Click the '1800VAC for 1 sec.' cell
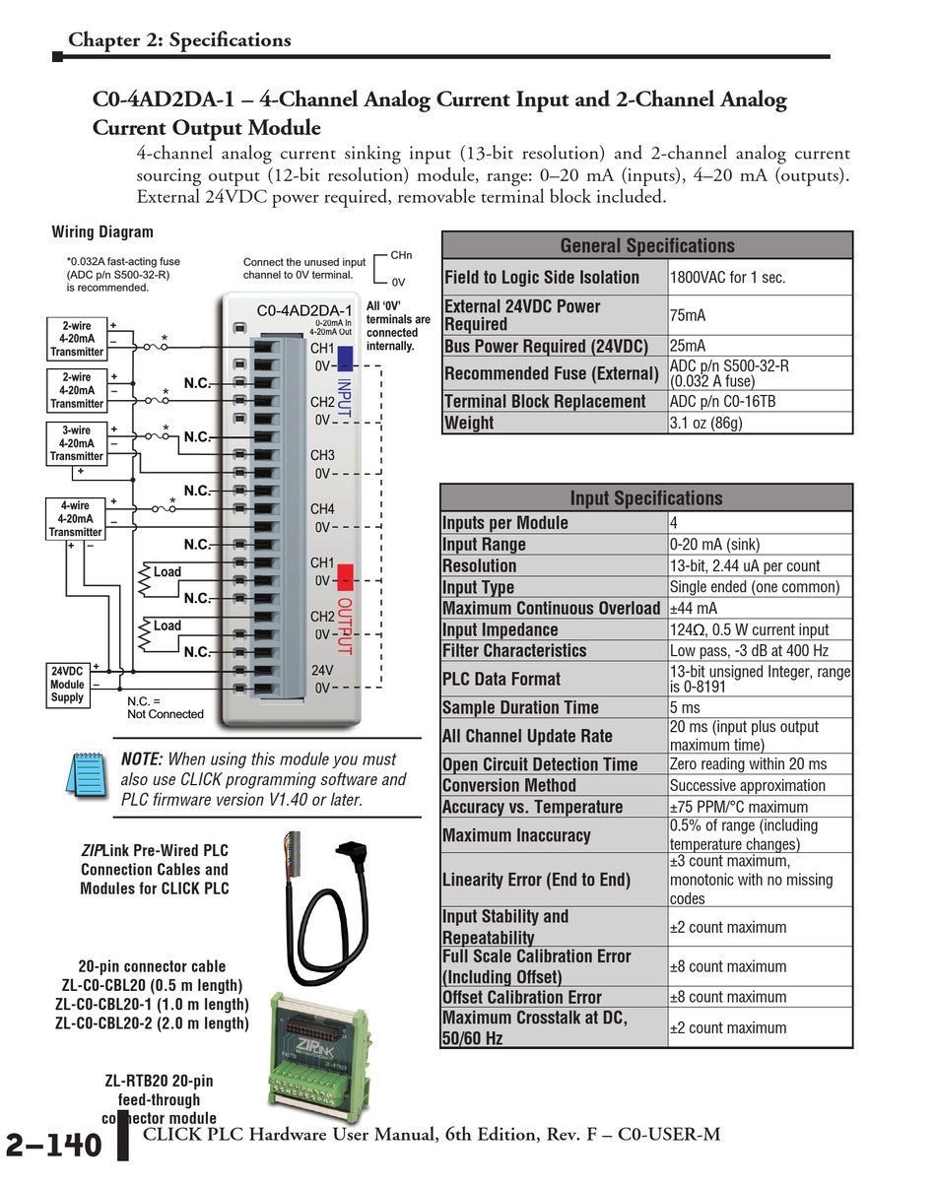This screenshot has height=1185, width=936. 728,278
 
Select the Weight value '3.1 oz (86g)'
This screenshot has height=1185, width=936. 705,423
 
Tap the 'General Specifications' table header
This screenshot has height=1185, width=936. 647,245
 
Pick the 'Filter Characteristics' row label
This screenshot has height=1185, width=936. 514,651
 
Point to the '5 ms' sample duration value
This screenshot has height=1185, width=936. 685,707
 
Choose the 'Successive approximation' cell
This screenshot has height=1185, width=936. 734,786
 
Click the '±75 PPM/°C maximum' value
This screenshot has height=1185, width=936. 739,807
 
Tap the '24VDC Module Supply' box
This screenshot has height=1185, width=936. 67,685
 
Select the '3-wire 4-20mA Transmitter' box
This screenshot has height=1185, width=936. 76,442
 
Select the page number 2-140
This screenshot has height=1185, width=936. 54,1146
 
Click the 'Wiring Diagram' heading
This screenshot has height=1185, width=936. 102,232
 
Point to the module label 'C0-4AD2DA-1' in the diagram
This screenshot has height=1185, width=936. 303,311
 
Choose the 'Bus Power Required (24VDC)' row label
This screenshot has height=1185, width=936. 546,346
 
